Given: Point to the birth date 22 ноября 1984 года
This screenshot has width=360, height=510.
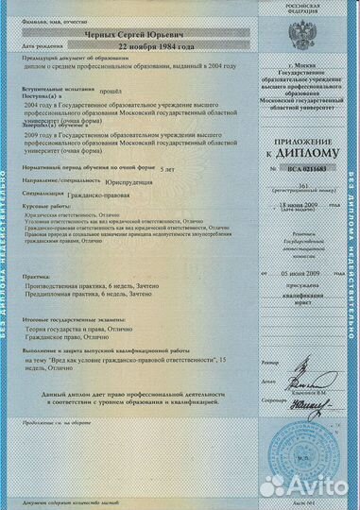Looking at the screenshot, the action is (x=156, y=45).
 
